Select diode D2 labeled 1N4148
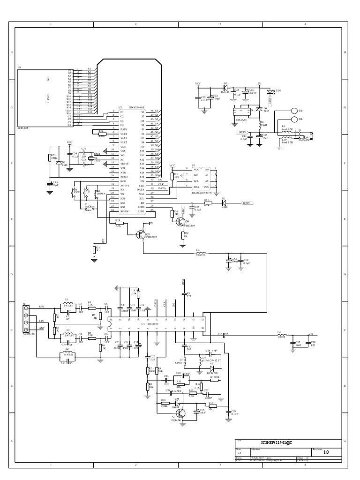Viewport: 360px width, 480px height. [225, 87]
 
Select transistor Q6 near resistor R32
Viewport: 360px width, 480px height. [181, 222]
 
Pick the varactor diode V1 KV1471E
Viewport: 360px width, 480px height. [211, 368]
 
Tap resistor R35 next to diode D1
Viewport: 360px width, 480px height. [207, 203]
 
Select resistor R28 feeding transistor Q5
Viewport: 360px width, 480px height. [118, 223]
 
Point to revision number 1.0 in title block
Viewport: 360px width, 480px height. [326, 452]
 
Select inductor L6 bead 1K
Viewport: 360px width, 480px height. [201, 254]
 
